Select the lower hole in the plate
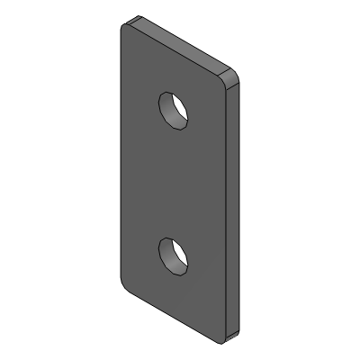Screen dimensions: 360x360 [174, 254]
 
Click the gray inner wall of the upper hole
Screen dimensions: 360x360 [168, 103]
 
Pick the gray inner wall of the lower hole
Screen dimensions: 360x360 [168, 249]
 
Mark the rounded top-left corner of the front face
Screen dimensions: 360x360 [124, 28]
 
